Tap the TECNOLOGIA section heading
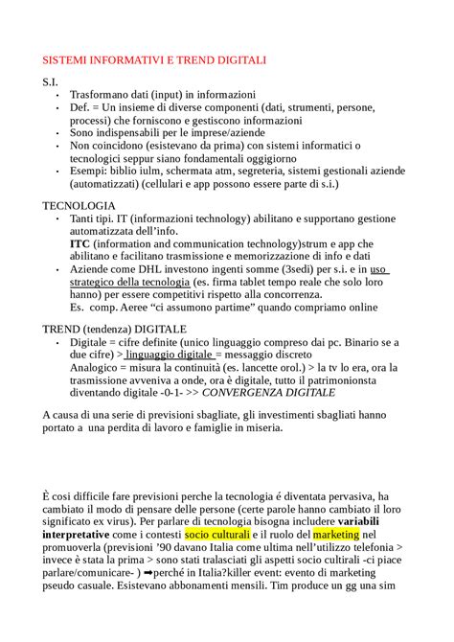pyautogui.click(x=79, y=206)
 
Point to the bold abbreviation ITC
pyautogui.click(x=80, y=244)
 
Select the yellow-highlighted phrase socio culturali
pyautogui.click(x=217, y=533)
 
